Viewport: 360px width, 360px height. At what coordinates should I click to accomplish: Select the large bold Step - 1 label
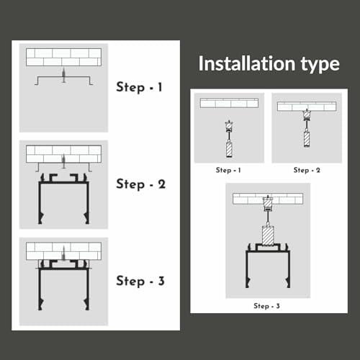[140, 88]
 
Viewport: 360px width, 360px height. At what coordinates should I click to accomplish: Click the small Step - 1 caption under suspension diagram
[228, 171]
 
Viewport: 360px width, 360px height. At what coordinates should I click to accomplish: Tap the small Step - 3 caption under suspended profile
[267, 306]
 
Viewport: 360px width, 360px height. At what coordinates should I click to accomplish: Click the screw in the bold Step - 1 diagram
[63, 76]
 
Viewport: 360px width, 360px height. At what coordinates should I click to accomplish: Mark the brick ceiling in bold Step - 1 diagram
[63, 58]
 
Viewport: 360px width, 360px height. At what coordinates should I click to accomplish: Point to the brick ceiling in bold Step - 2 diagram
[63, 153]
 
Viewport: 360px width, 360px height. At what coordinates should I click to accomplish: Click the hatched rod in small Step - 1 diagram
[229, 150]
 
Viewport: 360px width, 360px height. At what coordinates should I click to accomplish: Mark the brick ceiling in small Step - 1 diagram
[229, 103]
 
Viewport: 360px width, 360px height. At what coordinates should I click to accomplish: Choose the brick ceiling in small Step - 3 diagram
[268, 197]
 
